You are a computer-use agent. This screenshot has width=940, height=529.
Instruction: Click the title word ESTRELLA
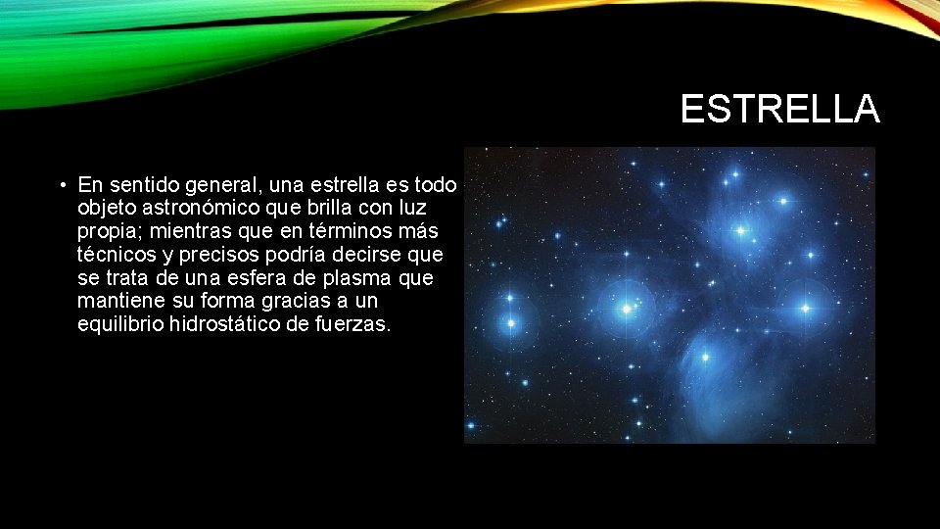[x=779, y=110]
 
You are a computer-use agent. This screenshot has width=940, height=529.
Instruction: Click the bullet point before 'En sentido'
[x=62, y=185]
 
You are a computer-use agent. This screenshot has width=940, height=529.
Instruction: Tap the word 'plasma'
[x=359, y=278]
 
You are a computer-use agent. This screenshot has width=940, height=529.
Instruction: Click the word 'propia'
[x=106, y=231]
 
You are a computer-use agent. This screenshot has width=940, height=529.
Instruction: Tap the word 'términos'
[x=344, y=231]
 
